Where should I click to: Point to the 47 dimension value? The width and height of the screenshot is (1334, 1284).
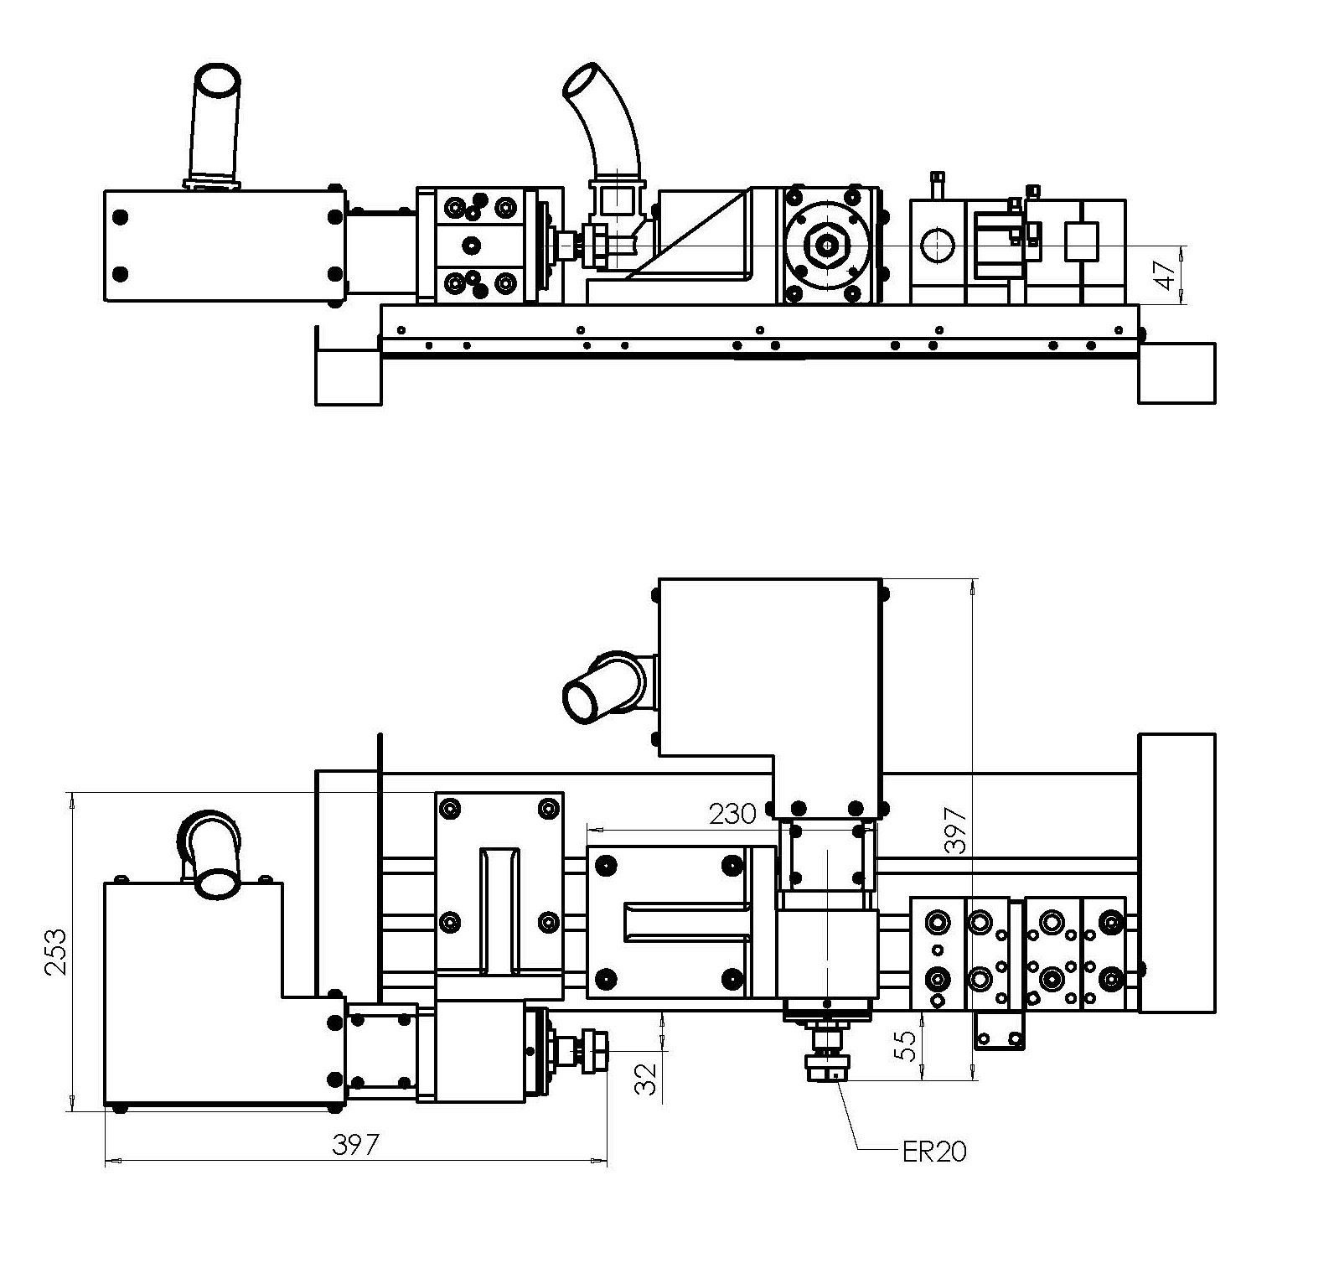pyautogui.click(x=1164, y=274)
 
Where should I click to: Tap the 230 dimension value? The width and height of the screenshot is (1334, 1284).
pyautogui.click(x=732, y=813)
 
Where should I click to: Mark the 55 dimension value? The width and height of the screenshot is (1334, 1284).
pyautogui.click(x=906, y=1046)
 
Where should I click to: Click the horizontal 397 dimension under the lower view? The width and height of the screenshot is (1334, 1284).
pyautogui.click(x=356, y=1144)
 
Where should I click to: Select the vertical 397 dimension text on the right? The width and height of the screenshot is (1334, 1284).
pyautogui.click(x=955, y=830)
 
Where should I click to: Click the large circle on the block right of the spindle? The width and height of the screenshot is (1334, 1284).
pyautogui.click(x=938, y=246)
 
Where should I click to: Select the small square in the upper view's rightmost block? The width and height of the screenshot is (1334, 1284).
pyautogui.click(x=1081, y=241)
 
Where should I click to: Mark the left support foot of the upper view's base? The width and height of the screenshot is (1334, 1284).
pyautogui.click(x=347, y=374)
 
